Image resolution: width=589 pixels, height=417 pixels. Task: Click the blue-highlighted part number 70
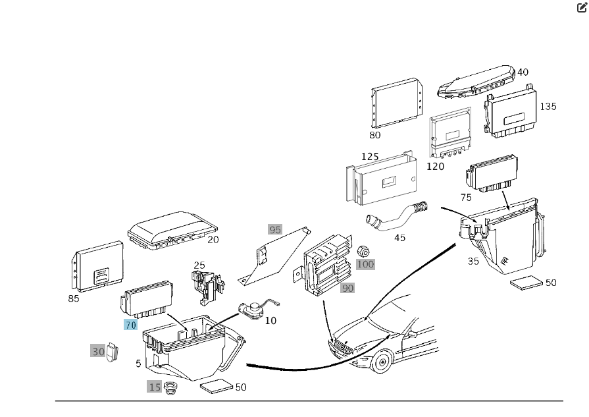point(130,325)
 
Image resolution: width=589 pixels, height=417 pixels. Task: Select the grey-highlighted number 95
point(275,229)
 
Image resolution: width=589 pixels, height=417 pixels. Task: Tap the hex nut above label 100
point(363,252)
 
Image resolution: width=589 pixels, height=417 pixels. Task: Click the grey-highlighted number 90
point(347,288)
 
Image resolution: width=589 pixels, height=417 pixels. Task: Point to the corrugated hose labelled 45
point(396,217)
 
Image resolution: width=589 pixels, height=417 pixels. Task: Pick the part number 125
point(370,156)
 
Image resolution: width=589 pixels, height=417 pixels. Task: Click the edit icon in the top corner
point(582,7)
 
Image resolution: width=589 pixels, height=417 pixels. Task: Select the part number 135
point(548,107)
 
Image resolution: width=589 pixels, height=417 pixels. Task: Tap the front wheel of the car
point(382,362)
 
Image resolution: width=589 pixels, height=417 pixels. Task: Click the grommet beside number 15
point(170,387)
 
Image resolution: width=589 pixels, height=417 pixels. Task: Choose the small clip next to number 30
point(112,352)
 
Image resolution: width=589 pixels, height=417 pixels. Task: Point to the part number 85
point(74,298)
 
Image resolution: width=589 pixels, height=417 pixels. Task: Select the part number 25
point(199,265)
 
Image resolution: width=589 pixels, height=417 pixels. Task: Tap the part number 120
point(436,166)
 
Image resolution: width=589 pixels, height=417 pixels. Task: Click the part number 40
point(523,72)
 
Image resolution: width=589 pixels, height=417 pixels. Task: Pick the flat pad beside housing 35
point(526,283)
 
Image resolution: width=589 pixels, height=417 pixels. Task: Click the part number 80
point(375,135)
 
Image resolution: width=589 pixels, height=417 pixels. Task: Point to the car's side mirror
point(412,334)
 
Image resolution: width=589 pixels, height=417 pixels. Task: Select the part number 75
point(466,198)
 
